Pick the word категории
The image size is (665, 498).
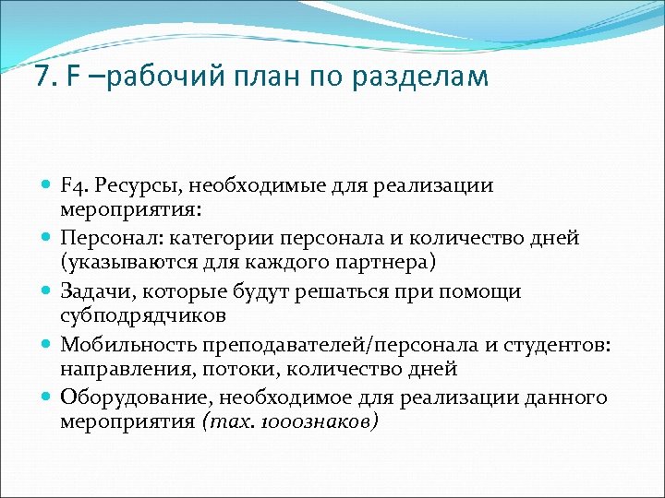point(212,239)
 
